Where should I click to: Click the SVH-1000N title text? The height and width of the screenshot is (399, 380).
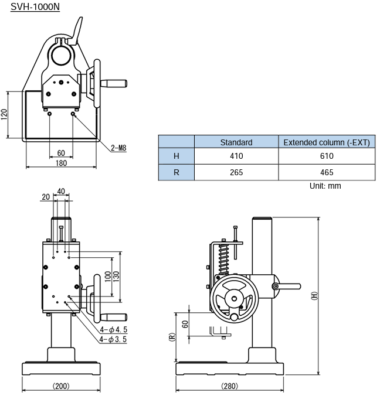(35, 6)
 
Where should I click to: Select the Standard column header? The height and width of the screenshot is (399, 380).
(236, 142)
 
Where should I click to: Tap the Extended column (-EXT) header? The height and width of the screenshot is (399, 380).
(327, 142)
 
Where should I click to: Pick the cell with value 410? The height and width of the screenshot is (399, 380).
(236, 156)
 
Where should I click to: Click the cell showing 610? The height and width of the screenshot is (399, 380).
(327, 156)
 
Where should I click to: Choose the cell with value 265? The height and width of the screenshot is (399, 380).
(236, 172)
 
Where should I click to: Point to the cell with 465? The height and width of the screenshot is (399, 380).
(327, 172)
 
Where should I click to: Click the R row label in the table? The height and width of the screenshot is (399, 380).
(177, 172)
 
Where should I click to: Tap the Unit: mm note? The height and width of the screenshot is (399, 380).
(325, 186)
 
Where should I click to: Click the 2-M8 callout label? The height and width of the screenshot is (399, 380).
(118, 148)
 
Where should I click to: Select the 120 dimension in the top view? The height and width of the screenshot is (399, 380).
(4, 114)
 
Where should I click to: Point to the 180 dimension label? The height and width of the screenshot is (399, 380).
(61, 163)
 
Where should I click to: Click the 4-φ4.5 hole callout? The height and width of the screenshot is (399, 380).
(113, 329)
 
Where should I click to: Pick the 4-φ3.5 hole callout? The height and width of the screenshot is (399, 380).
(113, 339)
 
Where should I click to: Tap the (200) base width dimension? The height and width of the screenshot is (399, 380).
(61, 386)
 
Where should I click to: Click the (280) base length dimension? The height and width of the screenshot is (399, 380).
(229, 386)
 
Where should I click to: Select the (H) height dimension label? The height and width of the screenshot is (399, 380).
(315, 296)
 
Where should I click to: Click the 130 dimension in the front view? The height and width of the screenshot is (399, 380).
(116, 277)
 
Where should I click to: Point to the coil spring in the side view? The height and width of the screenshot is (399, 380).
(224, 259)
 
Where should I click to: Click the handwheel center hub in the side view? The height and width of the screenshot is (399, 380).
(234, 298)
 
